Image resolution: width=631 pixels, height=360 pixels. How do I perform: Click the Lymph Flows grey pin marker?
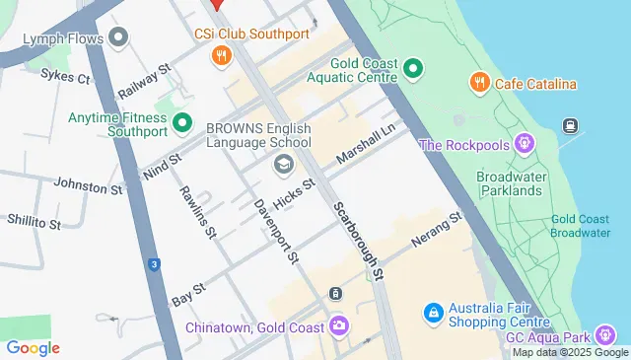coord(120,38)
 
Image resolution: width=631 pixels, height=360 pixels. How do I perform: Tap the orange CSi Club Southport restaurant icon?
coord(222,56)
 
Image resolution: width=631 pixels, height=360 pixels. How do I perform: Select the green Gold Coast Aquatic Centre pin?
coord(413,69)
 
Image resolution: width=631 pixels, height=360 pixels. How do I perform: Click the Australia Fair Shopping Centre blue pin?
coord(432,314)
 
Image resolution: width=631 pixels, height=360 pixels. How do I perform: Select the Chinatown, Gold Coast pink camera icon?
coord(339,325)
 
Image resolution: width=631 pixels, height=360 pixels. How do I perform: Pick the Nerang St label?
coord(437,228)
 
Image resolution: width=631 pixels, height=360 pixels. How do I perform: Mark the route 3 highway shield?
coord(154,264)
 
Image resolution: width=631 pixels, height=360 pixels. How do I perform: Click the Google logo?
coord(33,347)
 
